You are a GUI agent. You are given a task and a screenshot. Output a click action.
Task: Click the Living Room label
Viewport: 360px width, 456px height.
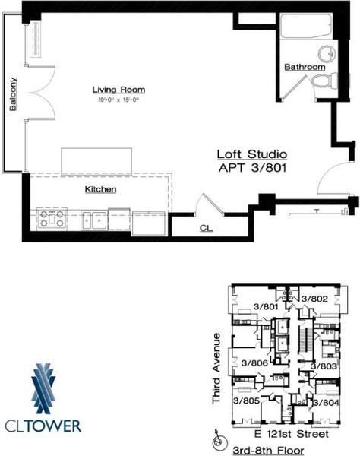[x=119, y=90]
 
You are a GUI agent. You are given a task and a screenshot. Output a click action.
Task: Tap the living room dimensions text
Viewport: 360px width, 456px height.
[x=119, y=100]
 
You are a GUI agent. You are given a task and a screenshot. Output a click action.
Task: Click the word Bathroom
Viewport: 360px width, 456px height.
[x=305, y=67]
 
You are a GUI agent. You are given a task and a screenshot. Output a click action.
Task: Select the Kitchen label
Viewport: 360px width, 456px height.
[x=99, y=188]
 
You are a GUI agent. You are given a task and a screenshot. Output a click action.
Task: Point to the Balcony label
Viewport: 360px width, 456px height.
[x=13, y=95]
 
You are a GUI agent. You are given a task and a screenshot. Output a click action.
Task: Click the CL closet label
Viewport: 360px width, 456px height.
[x=206, y=226]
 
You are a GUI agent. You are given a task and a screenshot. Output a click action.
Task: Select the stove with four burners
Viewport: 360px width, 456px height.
[x=51, y=220]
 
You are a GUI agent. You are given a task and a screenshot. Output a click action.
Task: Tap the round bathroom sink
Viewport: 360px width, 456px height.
[x=327, y=53]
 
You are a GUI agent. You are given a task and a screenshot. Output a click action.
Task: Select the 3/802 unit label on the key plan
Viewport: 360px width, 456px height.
[x=312, y=299]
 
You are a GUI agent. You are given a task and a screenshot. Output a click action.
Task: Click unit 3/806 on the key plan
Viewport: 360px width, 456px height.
[x=247, y=363]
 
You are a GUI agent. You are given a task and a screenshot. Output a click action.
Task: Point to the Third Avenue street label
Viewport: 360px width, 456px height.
[x=217, y=368]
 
